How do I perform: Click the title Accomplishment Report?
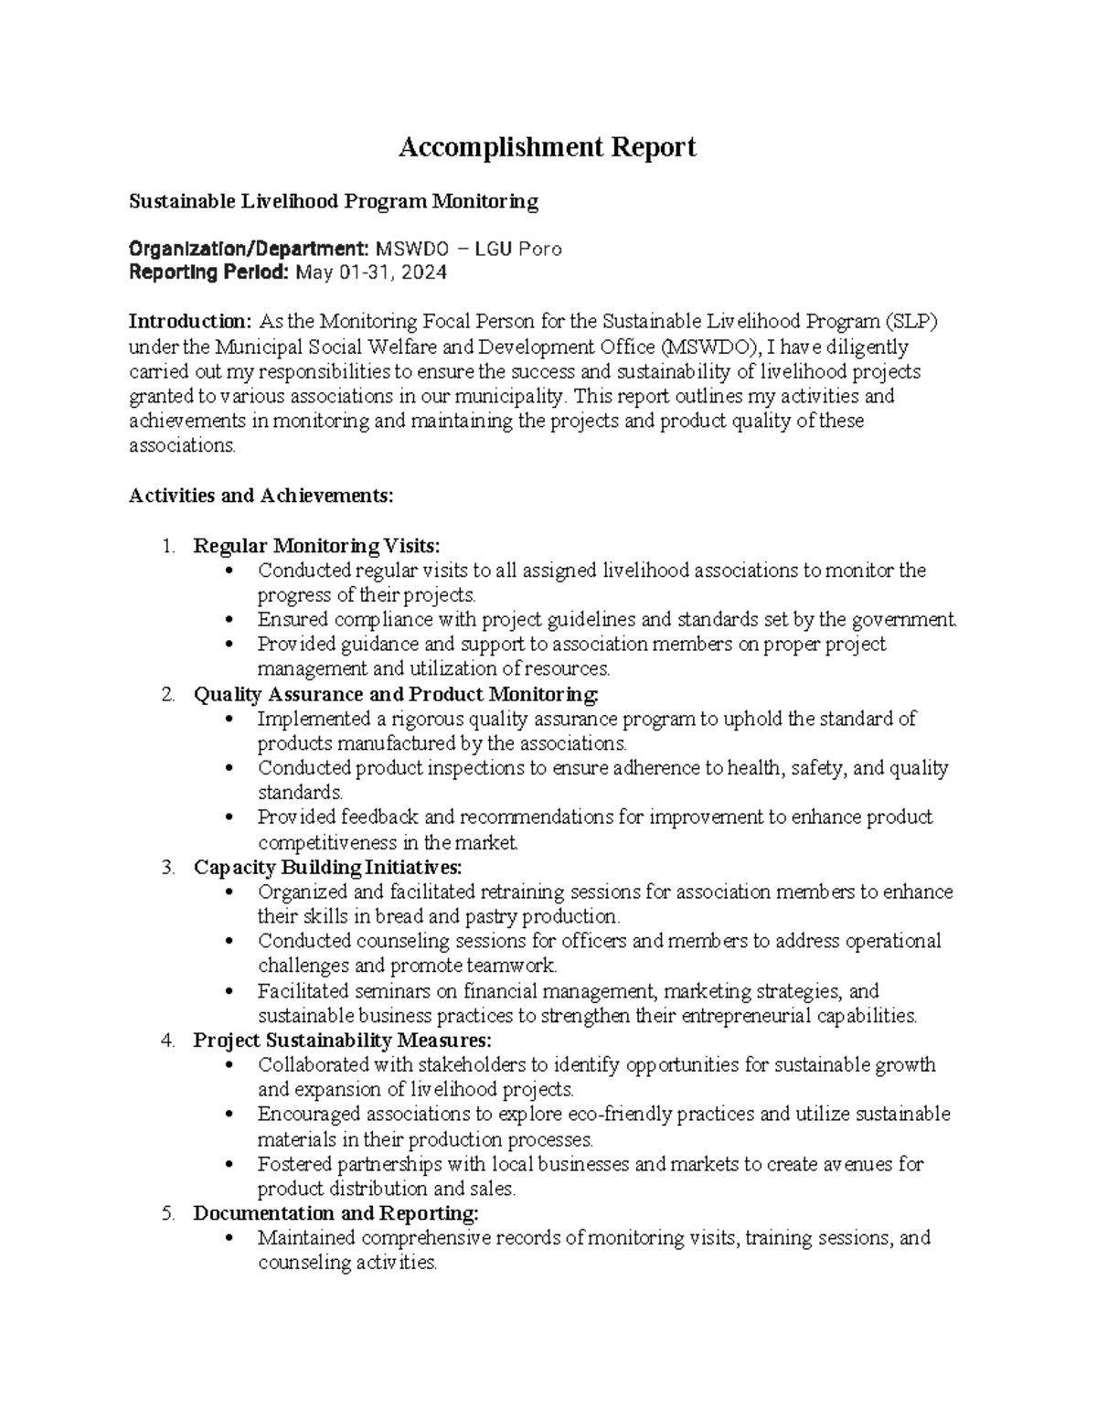point(547,147)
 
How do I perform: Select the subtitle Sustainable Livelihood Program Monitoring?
point(333,201)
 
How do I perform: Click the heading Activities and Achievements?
point(261,496)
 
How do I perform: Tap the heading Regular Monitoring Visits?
point(316,546)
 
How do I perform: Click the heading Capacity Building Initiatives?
point(328,867)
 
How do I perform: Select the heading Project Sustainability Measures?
point(342,1041)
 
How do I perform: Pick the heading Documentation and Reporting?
point(335,1213)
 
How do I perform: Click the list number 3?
point(166,867)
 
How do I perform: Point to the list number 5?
point(166,1213)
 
